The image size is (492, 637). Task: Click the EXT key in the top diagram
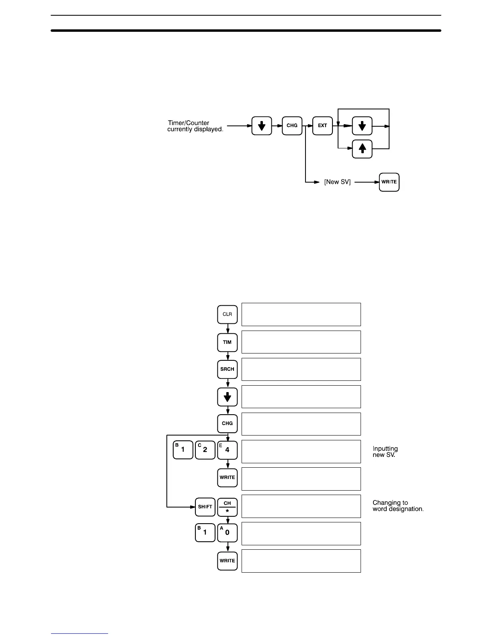coord(322,125)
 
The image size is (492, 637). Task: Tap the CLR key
coord(227,314)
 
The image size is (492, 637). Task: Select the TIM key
coord(227,342)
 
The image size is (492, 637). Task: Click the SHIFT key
coord(205,507)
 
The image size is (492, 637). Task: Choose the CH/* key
coord(227,507)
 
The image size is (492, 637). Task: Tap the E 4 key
coord(227,450)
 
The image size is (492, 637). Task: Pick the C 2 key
coord(205,450)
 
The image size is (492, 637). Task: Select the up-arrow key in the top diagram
coord(362,149)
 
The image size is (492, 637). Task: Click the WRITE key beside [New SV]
coord(389,182)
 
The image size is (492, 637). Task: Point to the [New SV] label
coord(337,182)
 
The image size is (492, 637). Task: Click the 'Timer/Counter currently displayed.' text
coord(195,126)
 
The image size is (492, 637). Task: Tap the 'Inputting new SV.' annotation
coord(385,452)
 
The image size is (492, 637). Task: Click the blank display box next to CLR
coord(301,314)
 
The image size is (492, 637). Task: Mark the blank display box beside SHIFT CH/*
coord(301,506)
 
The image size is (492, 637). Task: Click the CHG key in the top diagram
coord(292,125)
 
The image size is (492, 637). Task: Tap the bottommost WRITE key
coord(227,560)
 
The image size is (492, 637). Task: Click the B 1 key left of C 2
coord(183,450)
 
